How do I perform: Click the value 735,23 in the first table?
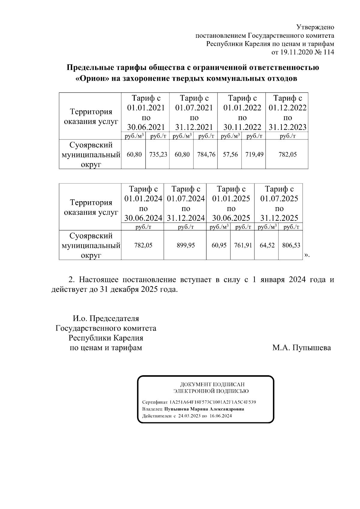point(158,154)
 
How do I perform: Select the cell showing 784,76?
point(206,154)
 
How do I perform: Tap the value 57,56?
point(230,154)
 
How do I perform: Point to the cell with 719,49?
point(254,154)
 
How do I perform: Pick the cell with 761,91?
point(243,245)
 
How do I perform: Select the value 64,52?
point(267,245)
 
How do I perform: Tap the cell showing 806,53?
point(291,245)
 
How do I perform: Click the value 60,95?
point(219,245)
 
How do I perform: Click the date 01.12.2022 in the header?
point(287,108)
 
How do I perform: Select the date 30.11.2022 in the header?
point(242,127)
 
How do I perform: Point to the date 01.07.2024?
point(186,199)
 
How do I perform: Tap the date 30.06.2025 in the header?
point(231,218)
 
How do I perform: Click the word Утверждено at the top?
point(315,27)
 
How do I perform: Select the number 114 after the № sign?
point(329,52)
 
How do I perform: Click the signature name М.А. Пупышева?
point(301,348)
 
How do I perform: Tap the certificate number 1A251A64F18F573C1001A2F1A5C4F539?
point(212,402)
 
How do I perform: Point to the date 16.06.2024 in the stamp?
point(220,416)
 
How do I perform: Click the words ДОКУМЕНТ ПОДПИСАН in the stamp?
point(212,384)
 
